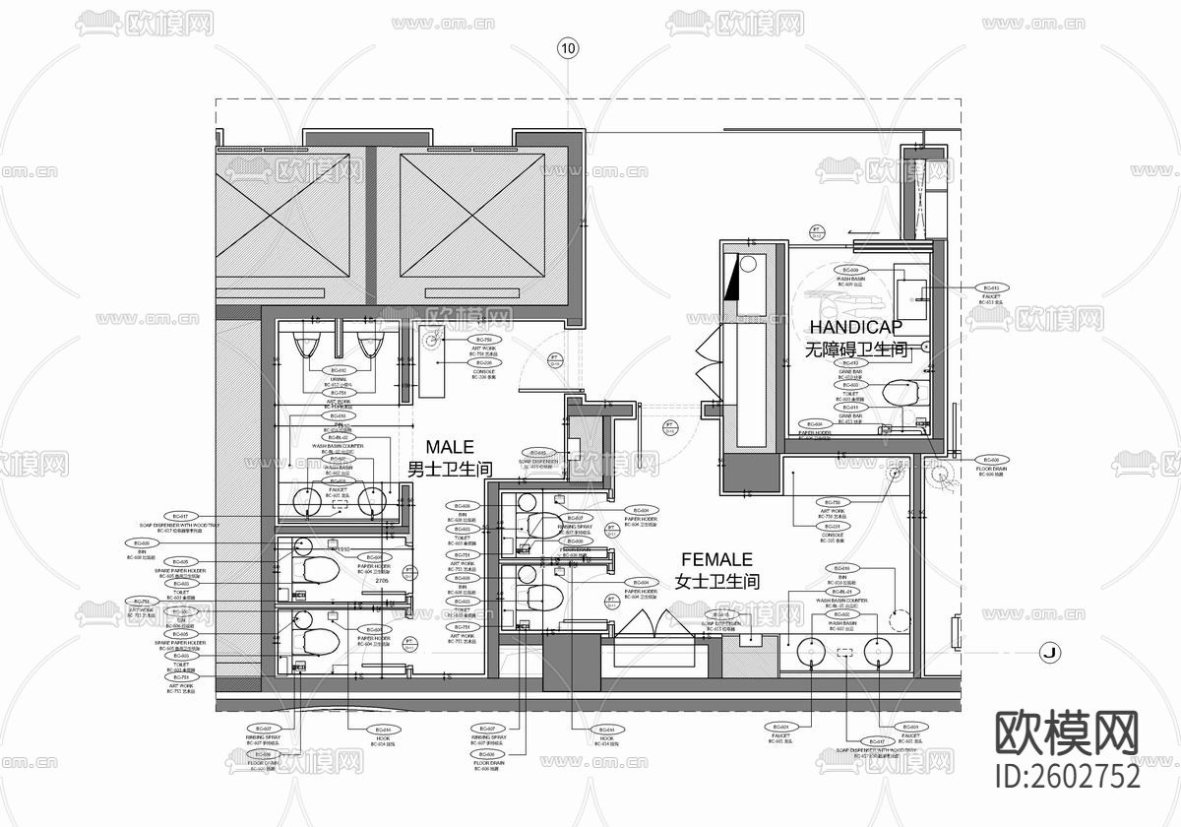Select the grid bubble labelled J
tap(1049, 652)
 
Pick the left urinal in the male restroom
tap(306, 346)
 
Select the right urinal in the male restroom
tap(370, 346)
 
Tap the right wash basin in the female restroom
tap(878, 652)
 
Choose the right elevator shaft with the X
tap(472, 215)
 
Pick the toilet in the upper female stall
tap(539, 524)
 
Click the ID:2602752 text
tap(1068, 776)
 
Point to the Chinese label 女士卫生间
tap(716, 582)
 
